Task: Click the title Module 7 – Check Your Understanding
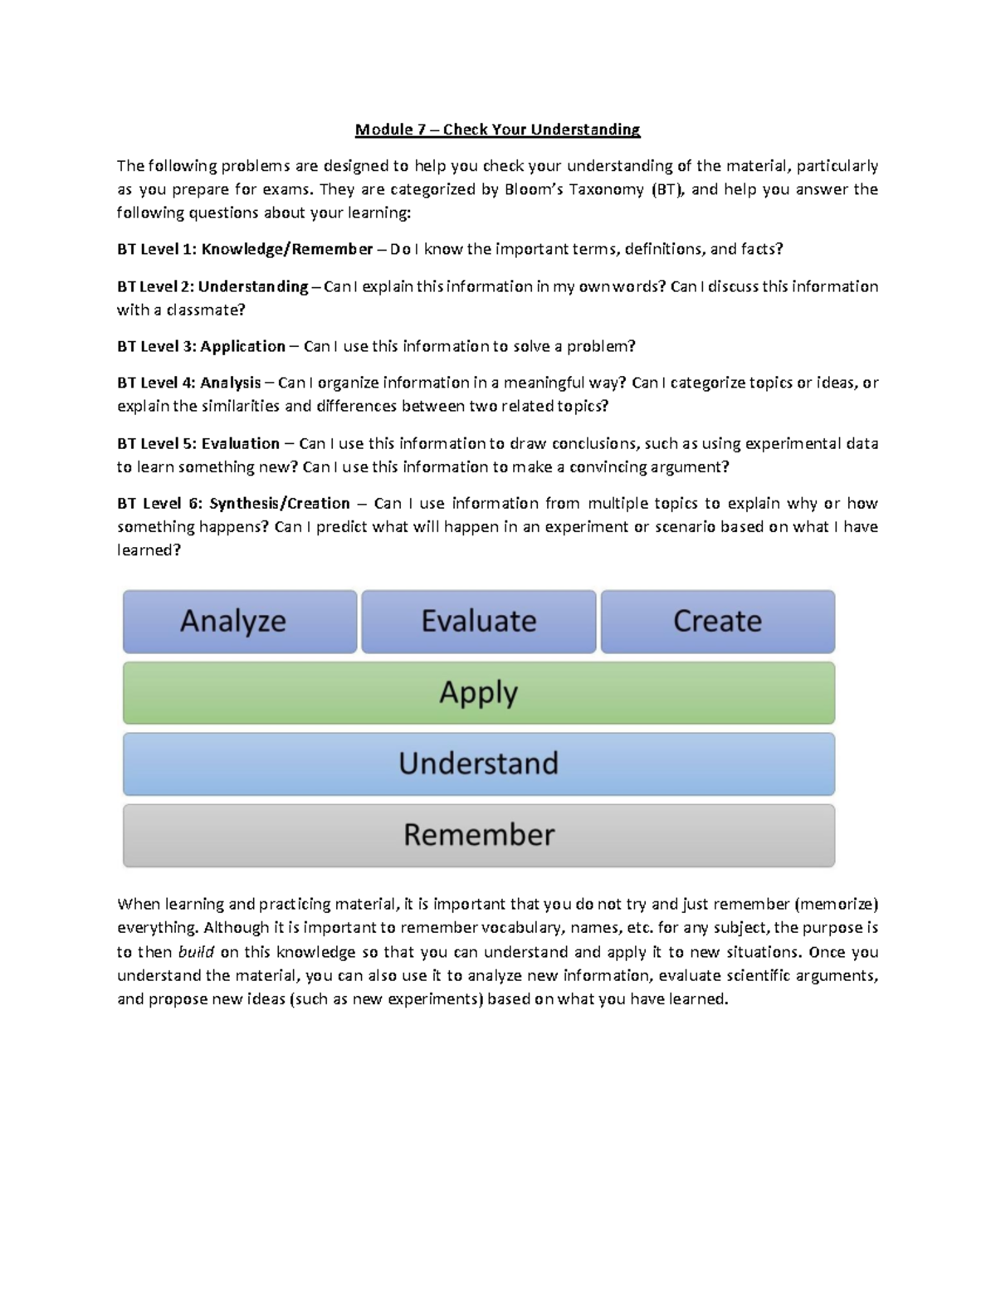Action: click(497, 129)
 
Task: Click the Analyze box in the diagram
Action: click(240, 622)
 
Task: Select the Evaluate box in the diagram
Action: click(479, 622)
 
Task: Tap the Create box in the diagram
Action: click(717, 622)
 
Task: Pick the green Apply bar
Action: click(479, 693)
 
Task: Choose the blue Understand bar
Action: click(479, 764)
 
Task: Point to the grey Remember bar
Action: click(479, 835)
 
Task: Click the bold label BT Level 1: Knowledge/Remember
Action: click(245, 249)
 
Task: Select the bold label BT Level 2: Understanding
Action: click(212, 286)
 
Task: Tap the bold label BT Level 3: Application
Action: click(201, 346)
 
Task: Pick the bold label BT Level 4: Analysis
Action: click(189, 383)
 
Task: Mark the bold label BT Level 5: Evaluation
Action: click(198, 443)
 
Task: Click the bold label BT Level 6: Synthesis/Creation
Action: click(233, 503)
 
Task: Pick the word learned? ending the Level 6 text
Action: click(149, 550)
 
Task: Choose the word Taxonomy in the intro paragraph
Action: click(606, 189)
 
